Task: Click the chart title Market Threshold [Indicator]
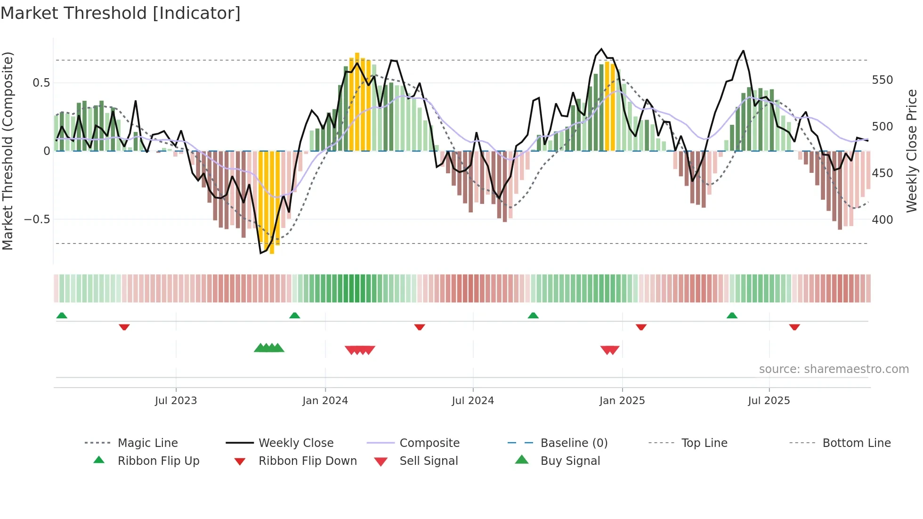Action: [x=121, y=13]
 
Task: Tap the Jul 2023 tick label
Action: [x=176, y=401]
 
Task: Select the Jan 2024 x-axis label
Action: [x=325, y=401]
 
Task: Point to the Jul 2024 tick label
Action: [x=473, y=401]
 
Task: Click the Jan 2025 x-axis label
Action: [x=622, y=401]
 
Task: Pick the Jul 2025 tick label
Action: [x=769, y=401]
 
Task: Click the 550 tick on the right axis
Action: [x=882, y=80]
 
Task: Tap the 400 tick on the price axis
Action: [x=882, y=220]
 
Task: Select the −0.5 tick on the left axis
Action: [x=37, y=219]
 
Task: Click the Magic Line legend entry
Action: [x=147, y=443]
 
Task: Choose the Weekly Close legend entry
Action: [x=296, y=443]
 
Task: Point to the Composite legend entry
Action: [x=429, y=443]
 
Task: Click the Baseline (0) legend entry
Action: [x=574, y=443]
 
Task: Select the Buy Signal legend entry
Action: [x=570, y=461]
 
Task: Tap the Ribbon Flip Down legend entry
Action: [x=307, y=461]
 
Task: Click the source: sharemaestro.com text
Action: [x=834, y=369]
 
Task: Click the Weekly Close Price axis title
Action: [x=912, y=151]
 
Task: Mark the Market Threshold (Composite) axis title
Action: [x=8, y=151]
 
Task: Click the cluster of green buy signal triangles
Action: [x=269, y=348]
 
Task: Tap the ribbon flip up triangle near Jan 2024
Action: [x=295, y=316]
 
